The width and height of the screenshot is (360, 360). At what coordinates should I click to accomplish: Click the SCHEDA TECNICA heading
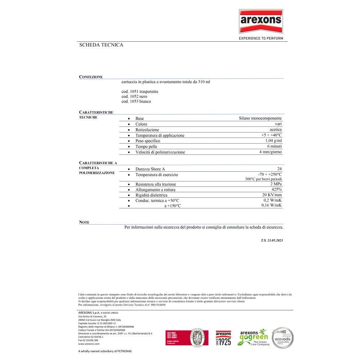[101, 45]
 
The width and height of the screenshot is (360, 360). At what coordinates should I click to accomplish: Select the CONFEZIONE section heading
[91, 77]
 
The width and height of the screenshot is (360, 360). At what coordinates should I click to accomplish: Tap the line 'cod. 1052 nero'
[134, 96]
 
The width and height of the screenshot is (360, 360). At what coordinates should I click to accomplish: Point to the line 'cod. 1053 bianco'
[136, 102]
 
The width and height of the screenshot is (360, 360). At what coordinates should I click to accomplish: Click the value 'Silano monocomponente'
[260, 118]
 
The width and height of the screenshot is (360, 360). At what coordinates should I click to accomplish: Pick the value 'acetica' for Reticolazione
[275, 130]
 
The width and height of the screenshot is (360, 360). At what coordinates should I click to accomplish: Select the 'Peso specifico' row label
[148, 141]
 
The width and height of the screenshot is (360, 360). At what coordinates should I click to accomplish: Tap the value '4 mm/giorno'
[271, 152]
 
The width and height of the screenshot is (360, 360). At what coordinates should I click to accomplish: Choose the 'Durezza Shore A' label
[150, 169]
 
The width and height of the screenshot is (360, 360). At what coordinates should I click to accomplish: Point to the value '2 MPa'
[276, 184]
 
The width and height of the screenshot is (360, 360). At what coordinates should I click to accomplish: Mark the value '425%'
[277, 189]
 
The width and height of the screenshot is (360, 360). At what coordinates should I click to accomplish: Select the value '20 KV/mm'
[272, 195]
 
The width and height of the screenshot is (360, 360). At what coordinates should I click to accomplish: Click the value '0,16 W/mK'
[272, 205]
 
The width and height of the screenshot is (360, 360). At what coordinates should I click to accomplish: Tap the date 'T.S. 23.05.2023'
[272, 240]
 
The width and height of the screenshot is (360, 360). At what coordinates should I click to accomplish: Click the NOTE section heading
[84, 222]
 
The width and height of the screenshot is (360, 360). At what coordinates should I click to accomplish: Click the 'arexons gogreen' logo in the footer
[254, 337]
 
